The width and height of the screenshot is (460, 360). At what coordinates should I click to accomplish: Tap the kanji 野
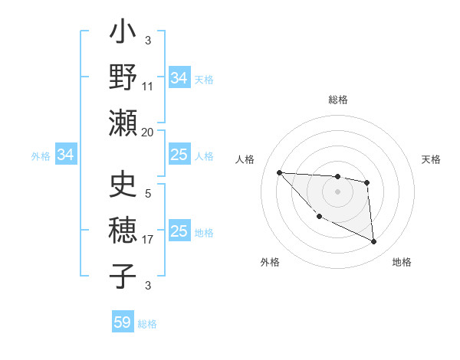tap(123, 77)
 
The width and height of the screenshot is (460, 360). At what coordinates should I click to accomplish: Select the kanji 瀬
tap(123, 123)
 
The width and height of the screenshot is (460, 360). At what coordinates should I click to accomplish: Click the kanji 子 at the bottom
tap(123, 275)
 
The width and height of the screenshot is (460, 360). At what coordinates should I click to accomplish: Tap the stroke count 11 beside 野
tap(148, 87)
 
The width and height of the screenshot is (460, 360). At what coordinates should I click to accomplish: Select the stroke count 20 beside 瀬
tap(148, 132)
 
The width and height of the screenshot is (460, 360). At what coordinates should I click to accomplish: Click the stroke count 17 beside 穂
tap(148, 240)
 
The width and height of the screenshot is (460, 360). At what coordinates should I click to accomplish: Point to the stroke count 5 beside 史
tap(148, 193)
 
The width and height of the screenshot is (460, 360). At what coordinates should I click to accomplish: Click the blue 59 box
tap(123, 322)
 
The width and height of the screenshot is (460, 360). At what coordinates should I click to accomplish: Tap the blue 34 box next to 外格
tap(66, 155)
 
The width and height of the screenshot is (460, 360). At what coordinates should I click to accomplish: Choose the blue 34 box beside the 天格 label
tap(179, 78)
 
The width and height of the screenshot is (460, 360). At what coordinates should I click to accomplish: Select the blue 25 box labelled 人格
tap(179, 155)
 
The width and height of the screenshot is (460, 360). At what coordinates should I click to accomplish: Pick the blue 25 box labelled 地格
tap(179, 231)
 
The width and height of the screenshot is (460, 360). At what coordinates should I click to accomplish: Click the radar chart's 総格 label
tap(337, 100)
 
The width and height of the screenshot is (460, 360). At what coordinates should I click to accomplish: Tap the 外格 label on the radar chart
tap(270, 262)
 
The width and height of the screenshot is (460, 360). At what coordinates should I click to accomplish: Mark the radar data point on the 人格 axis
tap(279, 172)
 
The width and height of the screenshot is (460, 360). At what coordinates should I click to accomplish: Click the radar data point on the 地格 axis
tap(373, 242)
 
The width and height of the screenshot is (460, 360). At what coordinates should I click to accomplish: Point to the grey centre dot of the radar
tap(337, 191)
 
